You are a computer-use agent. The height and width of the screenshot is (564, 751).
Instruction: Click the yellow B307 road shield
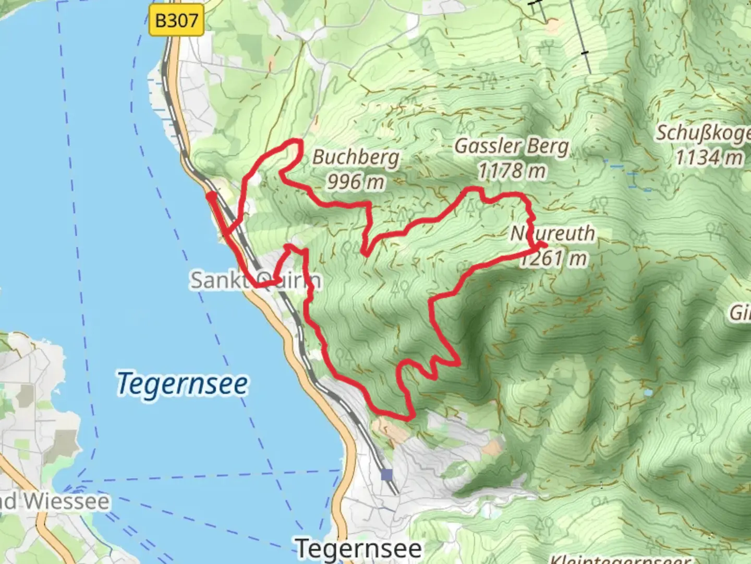(176, 21)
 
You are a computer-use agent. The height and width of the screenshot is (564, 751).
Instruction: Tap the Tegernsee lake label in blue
(182, 384)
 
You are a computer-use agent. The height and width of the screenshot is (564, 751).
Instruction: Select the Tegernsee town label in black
(359, 548)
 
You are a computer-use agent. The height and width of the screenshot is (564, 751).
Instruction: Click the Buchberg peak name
(356, 157)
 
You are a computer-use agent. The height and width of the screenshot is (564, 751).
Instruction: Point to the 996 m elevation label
(356, 182)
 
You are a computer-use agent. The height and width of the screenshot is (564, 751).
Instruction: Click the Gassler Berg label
(512, 146)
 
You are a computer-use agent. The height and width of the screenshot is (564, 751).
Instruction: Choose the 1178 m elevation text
(512, 170)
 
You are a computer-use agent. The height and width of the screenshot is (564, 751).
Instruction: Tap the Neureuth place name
(553, 233)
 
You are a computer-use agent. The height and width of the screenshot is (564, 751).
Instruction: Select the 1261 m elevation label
(554, 258)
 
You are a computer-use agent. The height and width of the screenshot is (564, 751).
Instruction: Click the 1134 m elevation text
(709, 157)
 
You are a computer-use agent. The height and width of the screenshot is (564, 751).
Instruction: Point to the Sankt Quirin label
(255, 280)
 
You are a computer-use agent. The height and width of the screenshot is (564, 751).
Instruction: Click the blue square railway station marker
(386, 475)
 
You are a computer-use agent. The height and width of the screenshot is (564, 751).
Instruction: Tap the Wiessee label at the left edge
(55, 501)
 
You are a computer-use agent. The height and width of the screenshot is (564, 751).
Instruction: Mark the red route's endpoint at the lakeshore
(210, 195)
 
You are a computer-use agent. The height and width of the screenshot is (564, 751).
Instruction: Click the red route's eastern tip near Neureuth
(544, 244)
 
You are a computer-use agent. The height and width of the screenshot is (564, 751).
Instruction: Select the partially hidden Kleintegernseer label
(621, 559)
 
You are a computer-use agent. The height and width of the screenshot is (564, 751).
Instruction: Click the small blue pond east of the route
(648, 393)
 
